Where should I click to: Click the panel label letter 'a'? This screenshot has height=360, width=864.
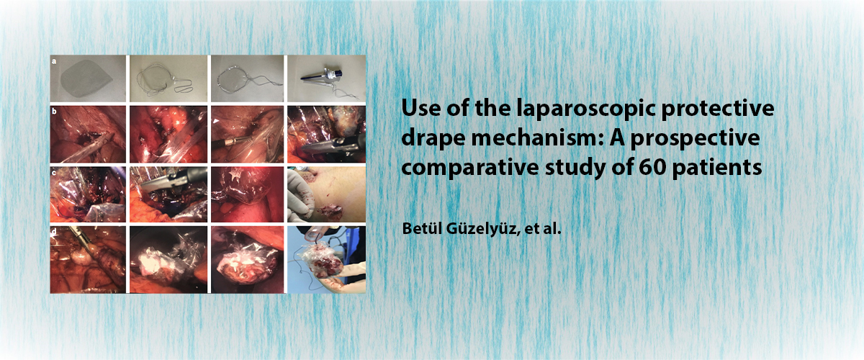click(55, 61)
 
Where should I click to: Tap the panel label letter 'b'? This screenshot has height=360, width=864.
click(55, 112)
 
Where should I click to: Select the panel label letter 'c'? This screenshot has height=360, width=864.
click(55, 173)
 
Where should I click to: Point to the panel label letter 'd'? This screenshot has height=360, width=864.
click(55, 232)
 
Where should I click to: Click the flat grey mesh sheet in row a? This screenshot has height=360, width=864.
click(86, 78)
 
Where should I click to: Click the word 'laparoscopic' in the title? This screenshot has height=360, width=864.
click(586, 109)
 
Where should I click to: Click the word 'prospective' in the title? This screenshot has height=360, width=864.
click(695, 139)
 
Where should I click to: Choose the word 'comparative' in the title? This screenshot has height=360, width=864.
click(470, 168)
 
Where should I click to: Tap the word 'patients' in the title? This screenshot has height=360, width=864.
click(717, 168)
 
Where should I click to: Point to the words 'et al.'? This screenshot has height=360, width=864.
click(543, 229)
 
